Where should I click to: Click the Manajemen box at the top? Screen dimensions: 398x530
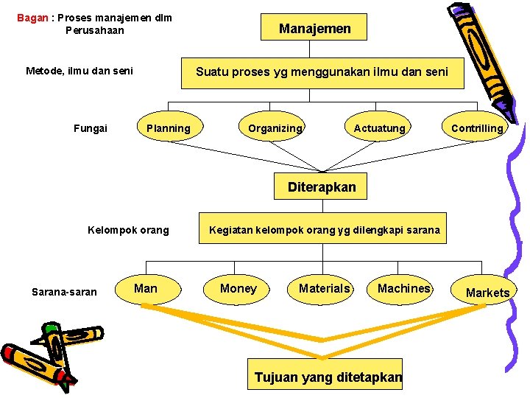click(x=314, y=29)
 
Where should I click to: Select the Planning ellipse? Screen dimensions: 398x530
click(x=169, y=128)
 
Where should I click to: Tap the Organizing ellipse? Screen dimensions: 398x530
click(x=275, y=128)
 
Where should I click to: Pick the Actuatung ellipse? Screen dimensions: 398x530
click(x=379, y=128)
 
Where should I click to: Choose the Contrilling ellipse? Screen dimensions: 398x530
click(x=477, y=128)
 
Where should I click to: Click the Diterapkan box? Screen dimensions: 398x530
click(x=322, y=187)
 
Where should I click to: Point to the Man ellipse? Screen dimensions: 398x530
click(x=146, y=288)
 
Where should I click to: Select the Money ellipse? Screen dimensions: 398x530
click(x=239, y=288)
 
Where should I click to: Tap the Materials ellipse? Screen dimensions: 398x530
click(x=325, y=288)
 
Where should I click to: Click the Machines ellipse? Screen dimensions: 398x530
click(x=403, y=288)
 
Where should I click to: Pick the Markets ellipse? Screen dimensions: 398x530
click(x=487, y=293)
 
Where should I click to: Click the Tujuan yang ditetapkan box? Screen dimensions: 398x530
click(x=328, y=377)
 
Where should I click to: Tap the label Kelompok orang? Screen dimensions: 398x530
click(x=128, y=230)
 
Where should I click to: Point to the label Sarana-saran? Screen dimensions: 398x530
click(x=64, y=292)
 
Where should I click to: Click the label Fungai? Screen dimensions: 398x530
click(x=91, y=128)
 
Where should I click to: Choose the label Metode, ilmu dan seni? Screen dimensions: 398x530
click(x=79, y=71)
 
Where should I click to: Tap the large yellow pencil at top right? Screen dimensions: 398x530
click(x=478, y=59)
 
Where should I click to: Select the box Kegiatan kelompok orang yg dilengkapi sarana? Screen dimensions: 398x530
click(x=325, y=230)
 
